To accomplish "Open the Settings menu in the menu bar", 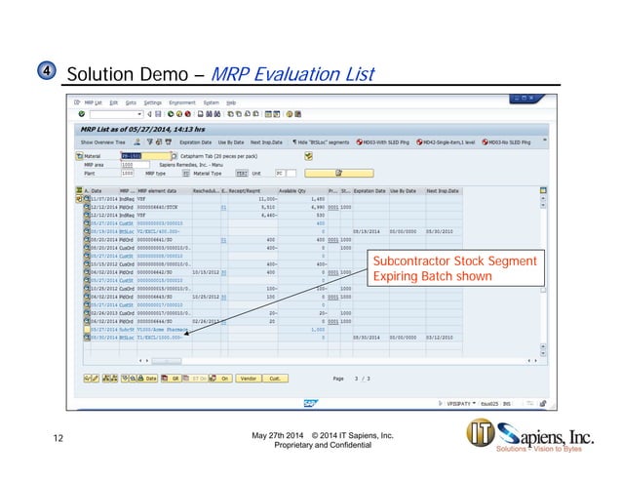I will click(x=153, y=101).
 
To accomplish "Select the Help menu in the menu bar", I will click(x=231, y=101).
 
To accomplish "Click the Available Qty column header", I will click(x=293, y=190).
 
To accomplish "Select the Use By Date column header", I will click(x=397, y=190).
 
